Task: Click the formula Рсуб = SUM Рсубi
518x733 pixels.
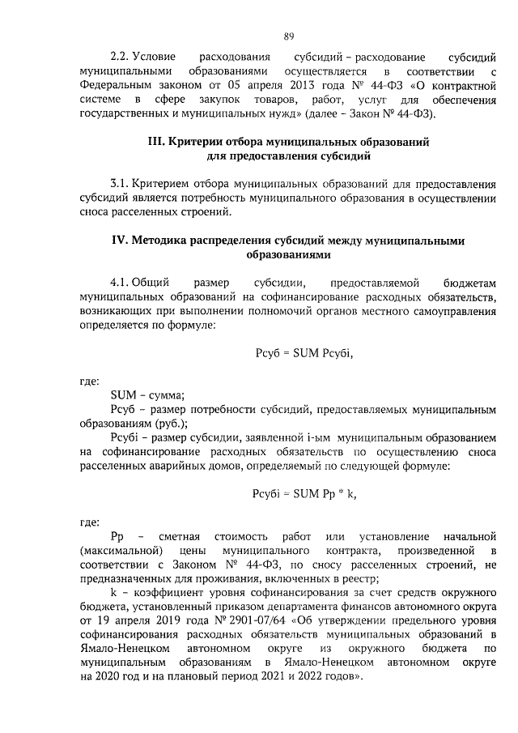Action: [303, 353]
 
